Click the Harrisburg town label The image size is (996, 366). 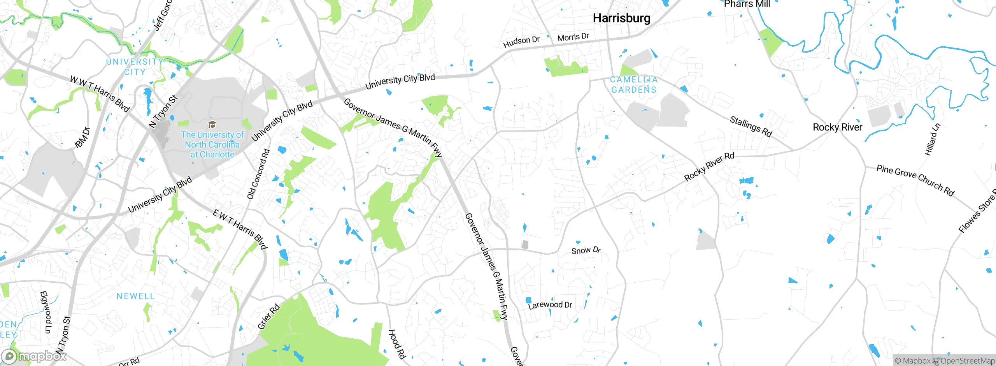tap(621, 18)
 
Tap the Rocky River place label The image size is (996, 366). tap(837, 127)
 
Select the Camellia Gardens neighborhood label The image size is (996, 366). tap(634, 84)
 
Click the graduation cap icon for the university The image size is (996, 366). tap(212, 124)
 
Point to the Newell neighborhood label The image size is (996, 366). tap(135, 296)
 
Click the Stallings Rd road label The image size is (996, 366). tap(751, 127)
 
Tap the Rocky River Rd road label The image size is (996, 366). tap(709, 166)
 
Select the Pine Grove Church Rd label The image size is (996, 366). tap(915, 180)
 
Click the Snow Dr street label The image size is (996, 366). tap(586, 250)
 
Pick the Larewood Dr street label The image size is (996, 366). tap(550, 305)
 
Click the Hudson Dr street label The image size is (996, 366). tap(521, 42)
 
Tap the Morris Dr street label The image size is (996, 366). tap(573, 37)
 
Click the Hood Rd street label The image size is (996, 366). tap(397, 344)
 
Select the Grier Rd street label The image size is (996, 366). tap(268, 317)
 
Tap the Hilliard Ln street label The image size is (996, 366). tap(933, 139)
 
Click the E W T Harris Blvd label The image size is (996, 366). tap(240, 229)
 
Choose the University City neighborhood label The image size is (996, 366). tap(135, 67)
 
